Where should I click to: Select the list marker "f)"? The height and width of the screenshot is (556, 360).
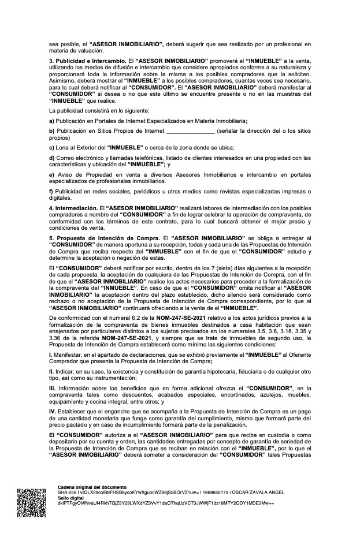pos(51,191)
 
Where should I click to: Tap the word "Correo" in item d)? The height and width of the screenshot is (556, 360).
pos(66,159)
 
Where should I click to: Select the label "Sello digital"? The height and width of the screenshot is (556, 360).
pos(70,498)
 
